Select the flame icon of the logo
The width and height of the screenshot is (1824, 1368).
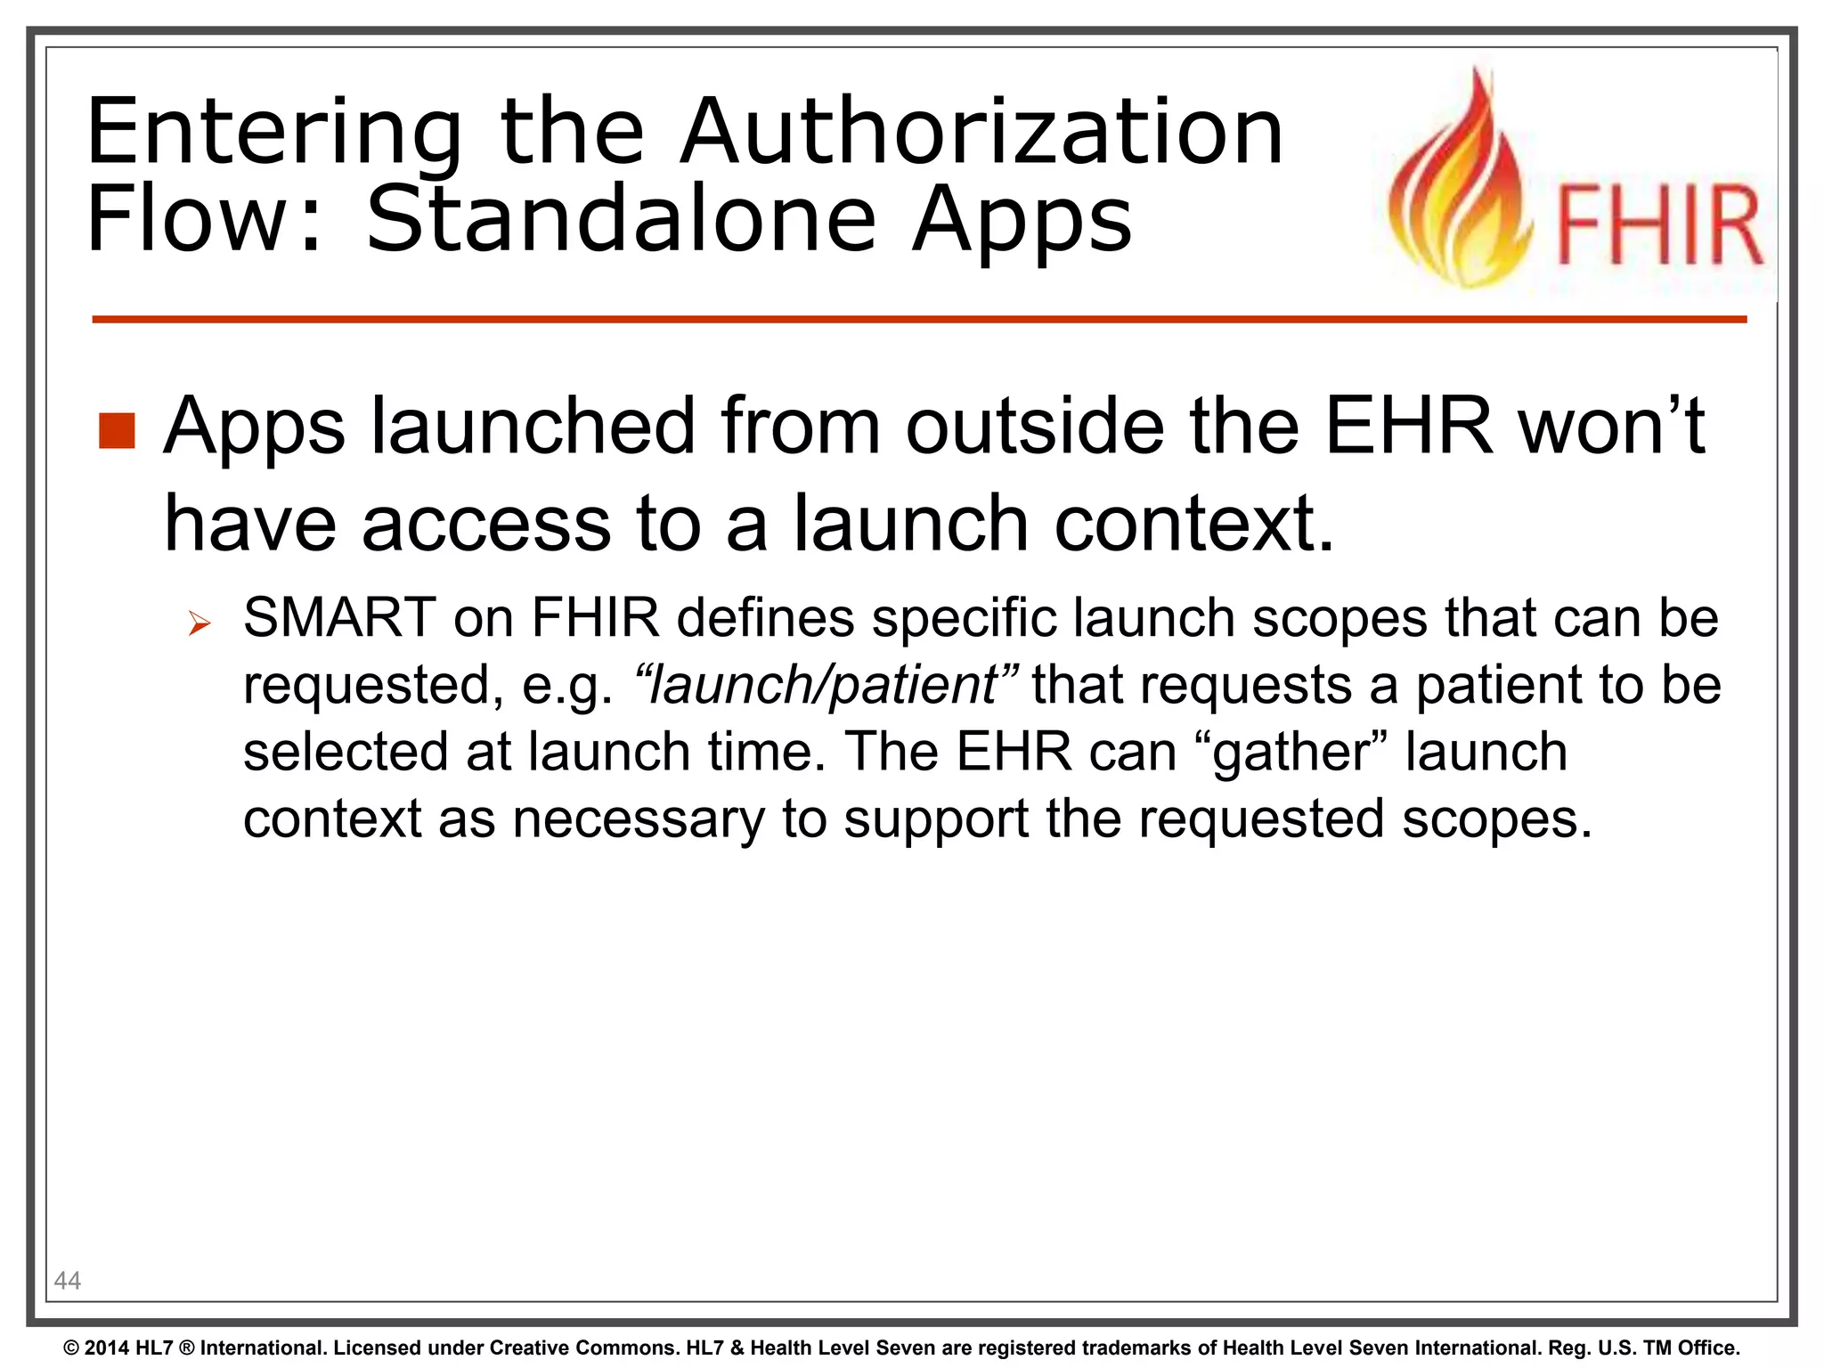tap(1462, 187)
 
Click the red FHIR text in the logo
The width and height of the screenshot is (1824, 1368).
tap(1659, 226)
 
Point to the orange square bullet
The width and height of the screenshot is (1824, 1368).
tap(117, 431)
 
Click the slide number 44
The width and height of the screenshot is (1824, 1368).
tap(68, 1281)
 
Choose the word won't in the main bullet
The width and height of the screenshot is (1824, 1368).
tap(1611, 427)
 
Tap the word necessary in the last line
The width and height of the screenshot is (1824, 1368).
tap(638, 818)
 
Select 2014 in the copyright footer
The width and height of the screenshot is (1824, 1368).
tap(107, 1348)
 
